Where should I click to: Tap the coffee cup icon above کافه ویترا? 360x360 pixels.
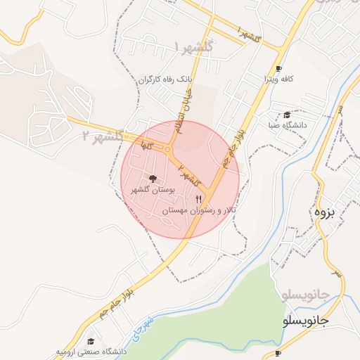click(279, 69)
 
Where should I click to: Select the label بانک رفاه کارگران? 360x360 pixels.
click(165, 79)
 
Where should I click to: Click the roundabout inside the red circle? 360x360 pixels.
click(168, 149)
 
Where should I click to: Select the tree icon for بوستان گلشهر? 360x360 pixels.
click(153, 179)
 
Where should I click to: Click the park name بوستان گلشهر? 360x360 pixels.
click(154, 190)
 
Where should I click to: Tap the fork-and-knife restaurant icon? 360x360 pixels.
click(198, 200)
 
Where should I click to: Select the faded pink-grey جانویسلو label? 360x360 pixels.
click(305, 293)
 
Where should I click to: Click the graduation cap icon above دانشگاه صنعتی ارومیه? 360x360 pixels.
click(89, 340)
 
